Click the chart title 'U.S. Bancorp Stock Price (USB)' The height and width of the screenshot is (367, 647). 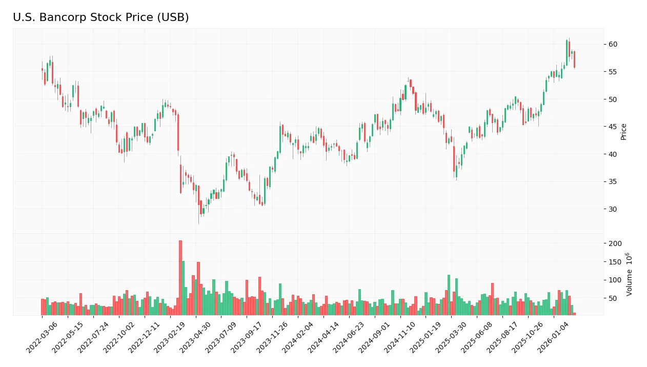pos(101,17)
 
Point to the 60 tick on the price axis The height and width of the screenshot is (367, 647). pos(613,45)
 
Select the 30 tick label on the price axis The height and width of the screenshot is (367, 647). pos(613,209)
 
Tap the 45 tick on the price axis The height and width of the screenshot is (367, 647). pos(613,127)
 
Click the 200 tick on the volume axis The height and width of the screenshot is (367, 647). pos(614,243)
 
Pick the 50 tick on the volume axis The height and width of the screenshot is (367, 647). pos(613,298)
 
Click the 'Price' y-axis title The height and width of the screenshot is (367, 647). pos(623,132)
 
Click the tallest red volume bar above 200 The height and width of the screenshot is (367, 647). pos(180,277)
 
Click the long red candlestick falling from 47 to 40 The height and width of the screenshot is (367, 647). pos(178,133)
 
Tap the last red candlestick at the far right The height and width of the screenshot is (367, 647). pos(574,59)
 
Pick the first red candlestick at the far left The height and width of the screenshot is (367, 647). pos(42,69)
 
